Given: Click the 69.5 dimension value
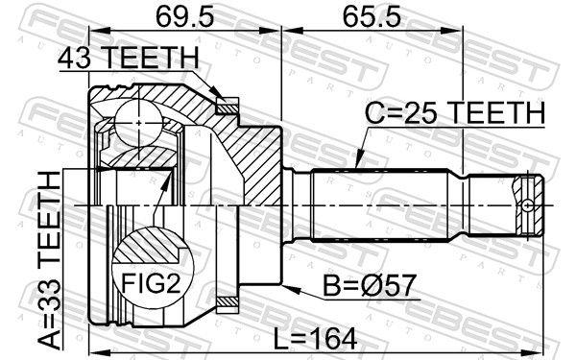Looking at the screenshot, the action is (x=183, y=16).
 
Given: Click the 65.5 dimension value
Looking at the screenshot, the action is (x=372, y=16).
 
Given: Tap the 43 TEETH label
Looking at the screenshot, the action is (x=129, y=58).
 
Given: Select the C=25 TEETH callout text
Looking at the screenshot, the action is (x=455, y=112).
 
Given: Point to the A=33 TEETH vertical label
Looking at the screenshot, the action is (x=50, y=260).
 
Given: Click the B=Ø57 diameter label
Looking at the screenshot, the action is (x=370, y=285).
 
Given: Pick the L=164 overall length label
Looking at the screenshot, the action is (x=316, y=339).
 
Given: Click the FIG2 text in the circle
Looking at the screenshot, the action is (x=152, y=283).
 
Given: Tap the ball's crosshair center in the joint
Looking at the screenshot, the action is (x=138, y=123).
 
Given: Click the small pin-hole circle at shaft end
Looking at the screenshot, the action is (x=527, y=205).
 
